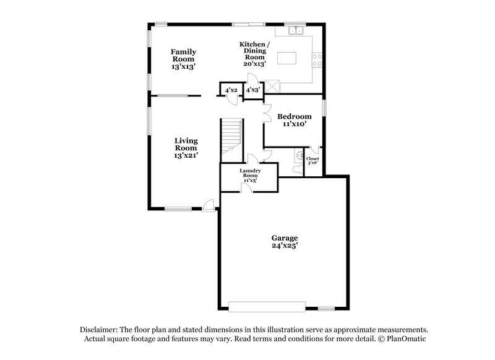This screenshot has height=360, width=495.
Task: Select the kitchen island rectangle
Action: point(288,58)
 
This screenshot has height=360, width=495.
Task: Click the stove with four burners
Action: point(316,59)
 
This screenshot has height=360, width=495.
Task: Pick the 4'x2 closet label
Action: point(231,90)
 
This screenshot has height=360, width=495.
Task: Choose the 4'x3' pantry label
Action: point(252,90)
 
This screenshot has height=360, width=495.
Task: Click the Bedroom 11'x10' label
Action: point(294,120)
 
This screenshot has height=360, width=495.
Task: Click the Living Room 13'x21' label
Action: point(185,148)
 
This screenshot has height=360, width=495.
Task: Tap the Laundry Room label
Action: point(249,175)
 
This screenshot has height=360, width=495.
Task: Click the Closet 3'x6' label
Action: point(312,160)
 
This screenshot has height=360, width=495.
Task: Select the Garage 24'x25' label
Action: point(285,241)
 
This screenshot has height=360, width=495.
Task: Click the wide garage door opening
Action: point(267,306)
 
